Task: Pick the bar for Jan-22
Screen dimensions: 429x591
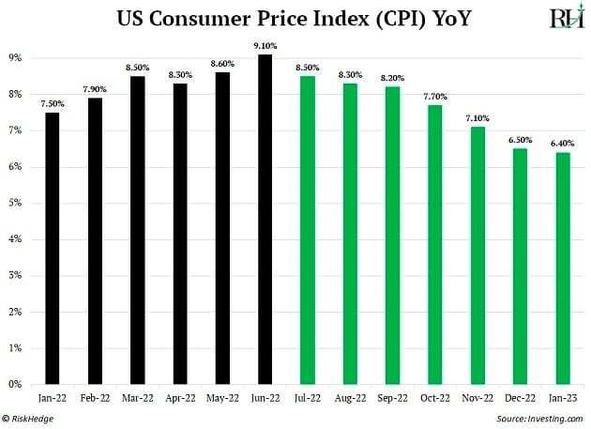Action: point(52,249)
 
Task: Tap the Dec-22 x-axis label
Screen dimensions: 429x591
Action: point(520,398)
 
